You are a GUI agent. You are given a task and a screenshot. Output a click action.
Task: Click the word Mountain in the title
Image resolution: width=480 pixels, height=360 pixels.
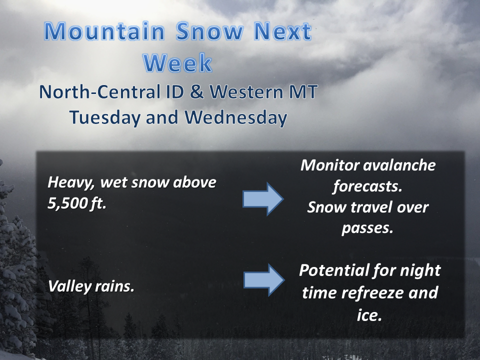tap(104, 31)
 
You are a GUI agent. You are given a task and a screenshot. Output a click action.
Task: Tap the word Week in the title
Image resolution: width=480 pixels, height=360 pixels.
tap(177, 63)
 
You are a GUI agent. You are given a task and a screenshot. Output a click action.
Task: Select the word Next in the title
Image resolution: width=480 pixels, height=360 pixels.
tap(282, 31)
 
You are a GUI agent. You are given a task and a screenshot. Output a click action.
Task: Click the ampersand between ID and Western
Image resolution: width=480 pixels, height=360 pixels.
tap(196, 91)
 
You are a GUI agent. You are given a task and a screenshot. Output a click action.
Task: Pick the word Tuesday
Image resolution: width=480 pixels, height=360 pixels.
tap(105, 118)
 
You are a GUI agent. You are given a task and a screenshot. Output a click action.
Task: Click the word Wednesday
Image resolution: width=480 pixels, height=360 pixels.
tap(235, 117)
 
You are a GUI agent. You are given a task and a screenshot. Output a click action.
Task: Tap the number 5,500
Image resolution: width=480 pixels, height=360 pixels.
tap(66, 203)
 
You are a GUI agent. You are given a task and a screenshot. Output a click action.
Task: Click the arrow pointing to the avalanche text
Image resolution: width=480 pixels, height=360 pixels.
tap(263, 199)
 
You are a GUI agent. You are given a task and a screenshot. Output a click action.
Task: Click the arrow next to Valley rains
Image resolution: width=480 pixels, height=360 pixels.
tap(264, 280)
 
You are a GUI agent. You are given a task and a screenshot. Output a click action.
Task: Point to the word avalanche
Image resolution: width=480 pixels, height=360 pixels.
tap(399, 165)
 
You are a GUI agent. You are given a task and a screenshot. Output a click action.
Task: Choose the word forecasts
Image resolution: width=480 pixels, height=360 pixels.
tap(367, 186)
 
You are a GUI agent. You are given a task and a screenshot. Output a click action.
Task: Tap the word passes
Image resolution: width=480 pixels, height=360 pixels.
tap(367, 228)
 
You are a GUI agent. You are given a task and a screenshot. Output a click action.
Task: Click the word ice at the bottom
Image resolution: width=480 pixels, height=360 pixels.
tap(369, 314)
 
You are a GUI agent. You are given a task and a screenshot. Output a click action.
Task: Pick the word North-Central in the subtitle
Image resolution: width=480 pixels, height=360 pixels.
tap(100, 91)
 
